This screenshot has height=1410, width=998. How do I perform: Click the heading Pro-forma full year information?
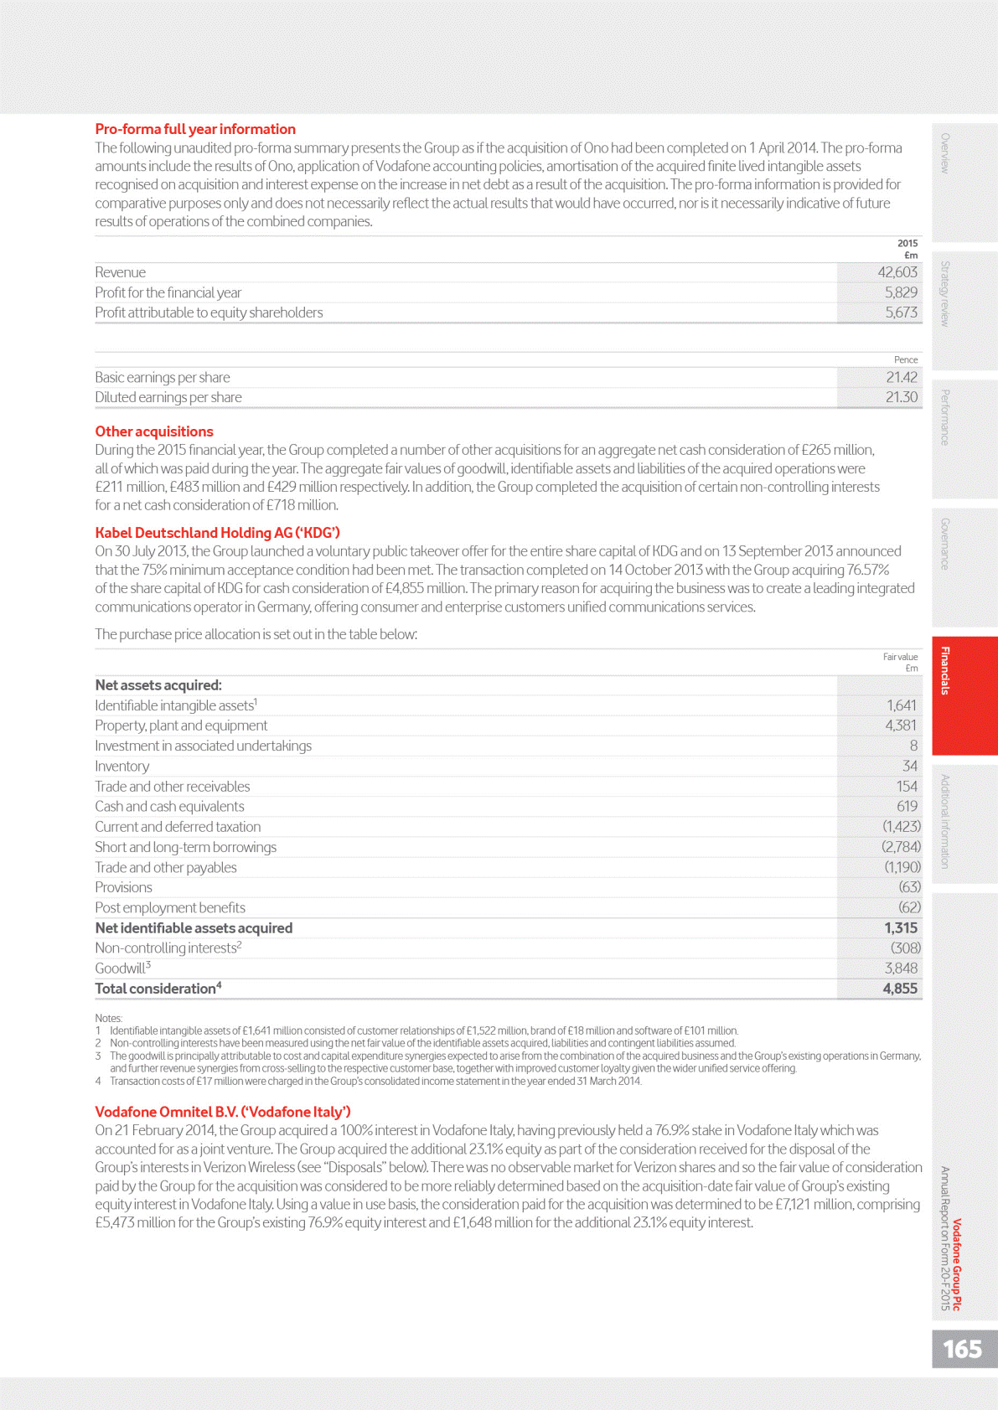coord(195,129)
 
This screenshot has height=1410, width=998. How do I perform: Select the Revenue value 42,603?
coord(897,272)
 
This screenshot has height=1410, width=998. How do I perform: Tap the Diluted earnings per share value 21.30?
coord(901,397)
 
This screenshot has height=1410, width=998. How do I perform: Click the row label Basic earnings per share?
coord(163,378)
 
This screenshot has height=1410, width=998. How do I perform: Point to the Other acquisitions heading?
coord(154,431)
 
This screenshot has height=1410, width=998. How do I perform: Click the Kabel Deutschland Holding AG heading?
coord(217,533)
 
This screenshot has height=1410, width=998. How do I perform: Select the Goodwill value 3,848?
coord(901,968)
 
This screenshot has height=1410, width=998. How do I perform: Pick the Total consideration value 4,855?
coord(900,989)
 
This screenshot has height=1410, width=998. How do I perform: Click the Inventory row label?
coord(122,767)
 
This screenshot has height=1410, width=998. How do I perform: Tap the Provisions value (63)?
coord(909,887)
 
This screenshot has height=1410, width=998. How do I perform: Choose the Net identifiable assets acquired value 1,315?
coord(901,928)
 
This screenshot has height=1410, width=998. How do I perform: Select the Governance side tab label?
coord(945,544)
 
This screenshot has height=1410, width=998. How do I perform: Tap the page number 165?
coord(962,1349)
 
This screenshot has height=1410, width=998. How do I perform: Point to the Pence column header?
coord(906,359)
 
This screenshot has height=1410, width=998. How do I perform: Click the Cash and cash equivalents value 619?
coord(907,806)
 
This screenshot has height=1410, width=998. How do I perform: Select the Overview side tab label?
coord(945,153)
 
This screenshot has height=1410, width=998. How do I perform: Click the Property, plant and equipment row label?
coord(181,726)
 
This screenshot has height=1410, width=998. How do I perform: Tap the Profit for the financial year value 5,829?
coord(901,292)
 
